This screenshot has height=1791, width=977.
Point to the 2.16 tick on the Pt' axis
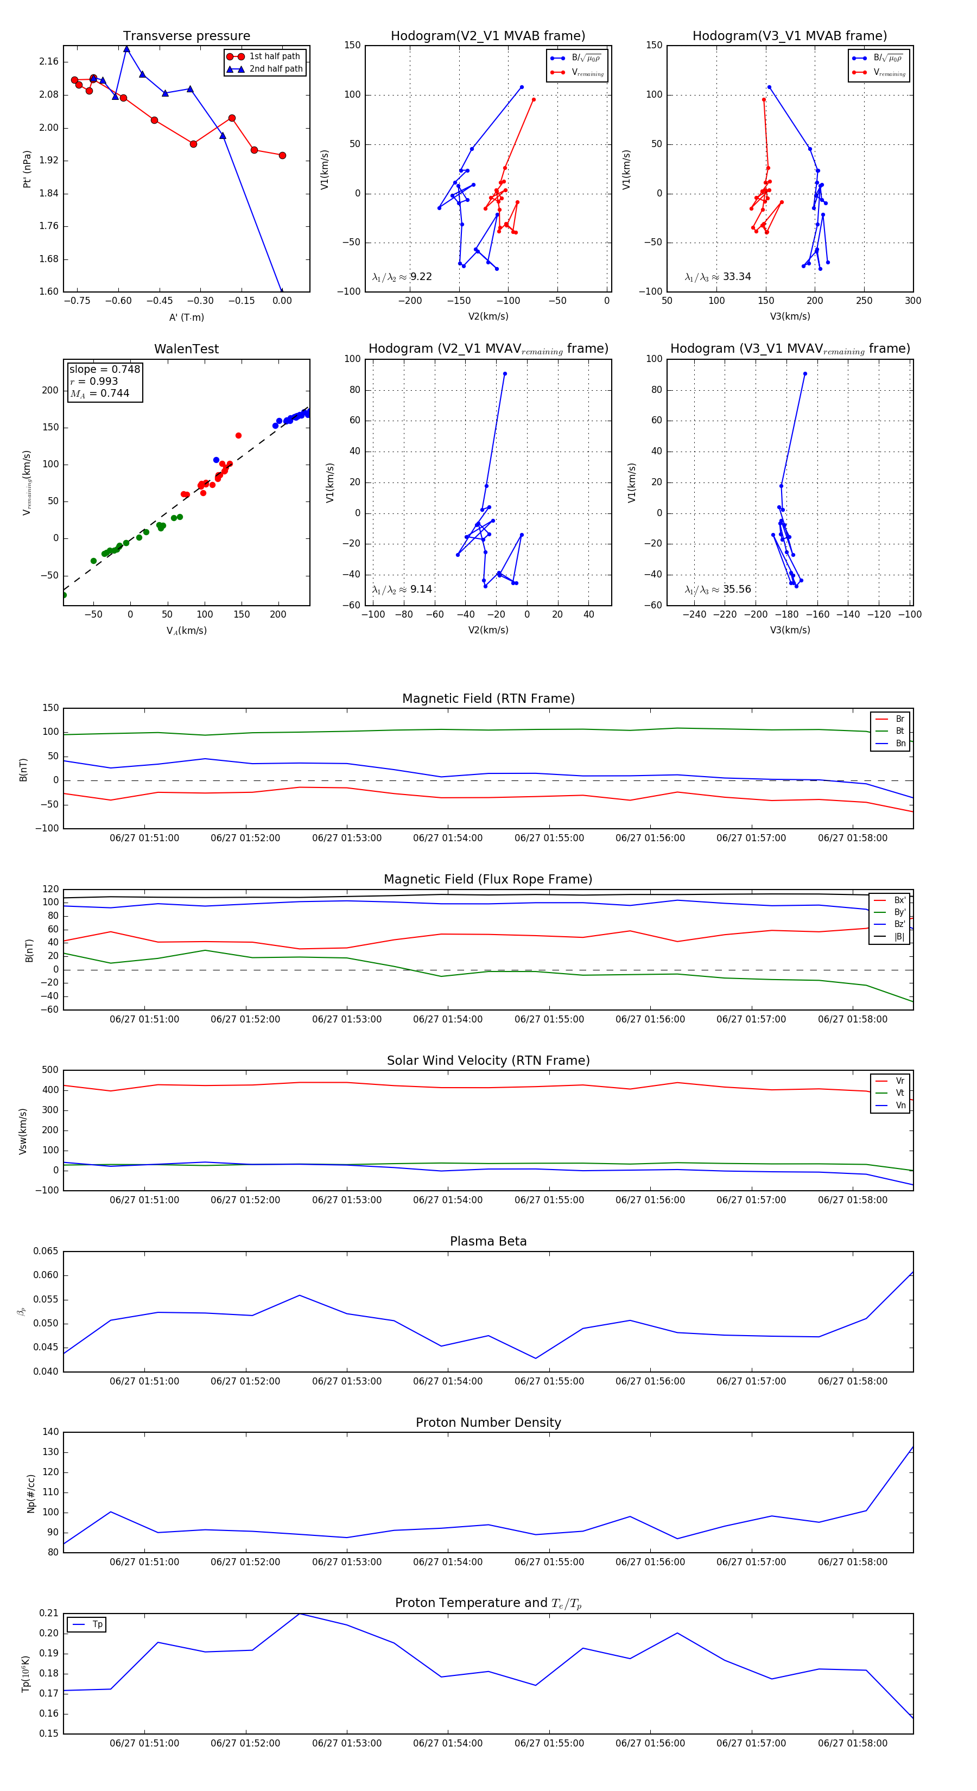point(49,62)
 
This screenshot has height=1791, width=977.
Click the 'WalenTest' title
point(186,349)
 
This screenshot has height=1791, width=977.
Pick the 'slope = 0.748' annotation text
point(104,369)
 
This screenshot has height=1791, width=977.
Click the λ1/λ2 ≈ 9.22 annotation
point(402,277)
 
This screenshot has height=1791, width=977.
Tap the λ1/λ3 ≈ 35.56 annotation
point(718,589)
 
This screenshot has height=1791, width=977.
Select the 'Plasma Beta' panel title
point(488,1241)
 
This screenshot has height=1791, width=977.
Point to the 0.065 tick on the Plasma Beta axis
point(46,1252)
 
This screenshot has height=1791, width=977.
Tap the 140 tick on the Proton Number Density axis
point(51,1432)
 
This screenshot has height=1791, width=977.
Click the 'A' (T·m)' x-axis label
point(186,317)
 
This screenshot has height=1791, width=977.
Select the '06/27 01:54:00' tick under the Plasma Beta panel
point(448,1381)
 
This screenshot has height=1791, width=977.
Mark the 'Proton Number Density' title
point(488,1422)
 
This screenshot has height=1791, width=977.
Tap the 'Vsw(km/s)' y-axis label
point(23,1131)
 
